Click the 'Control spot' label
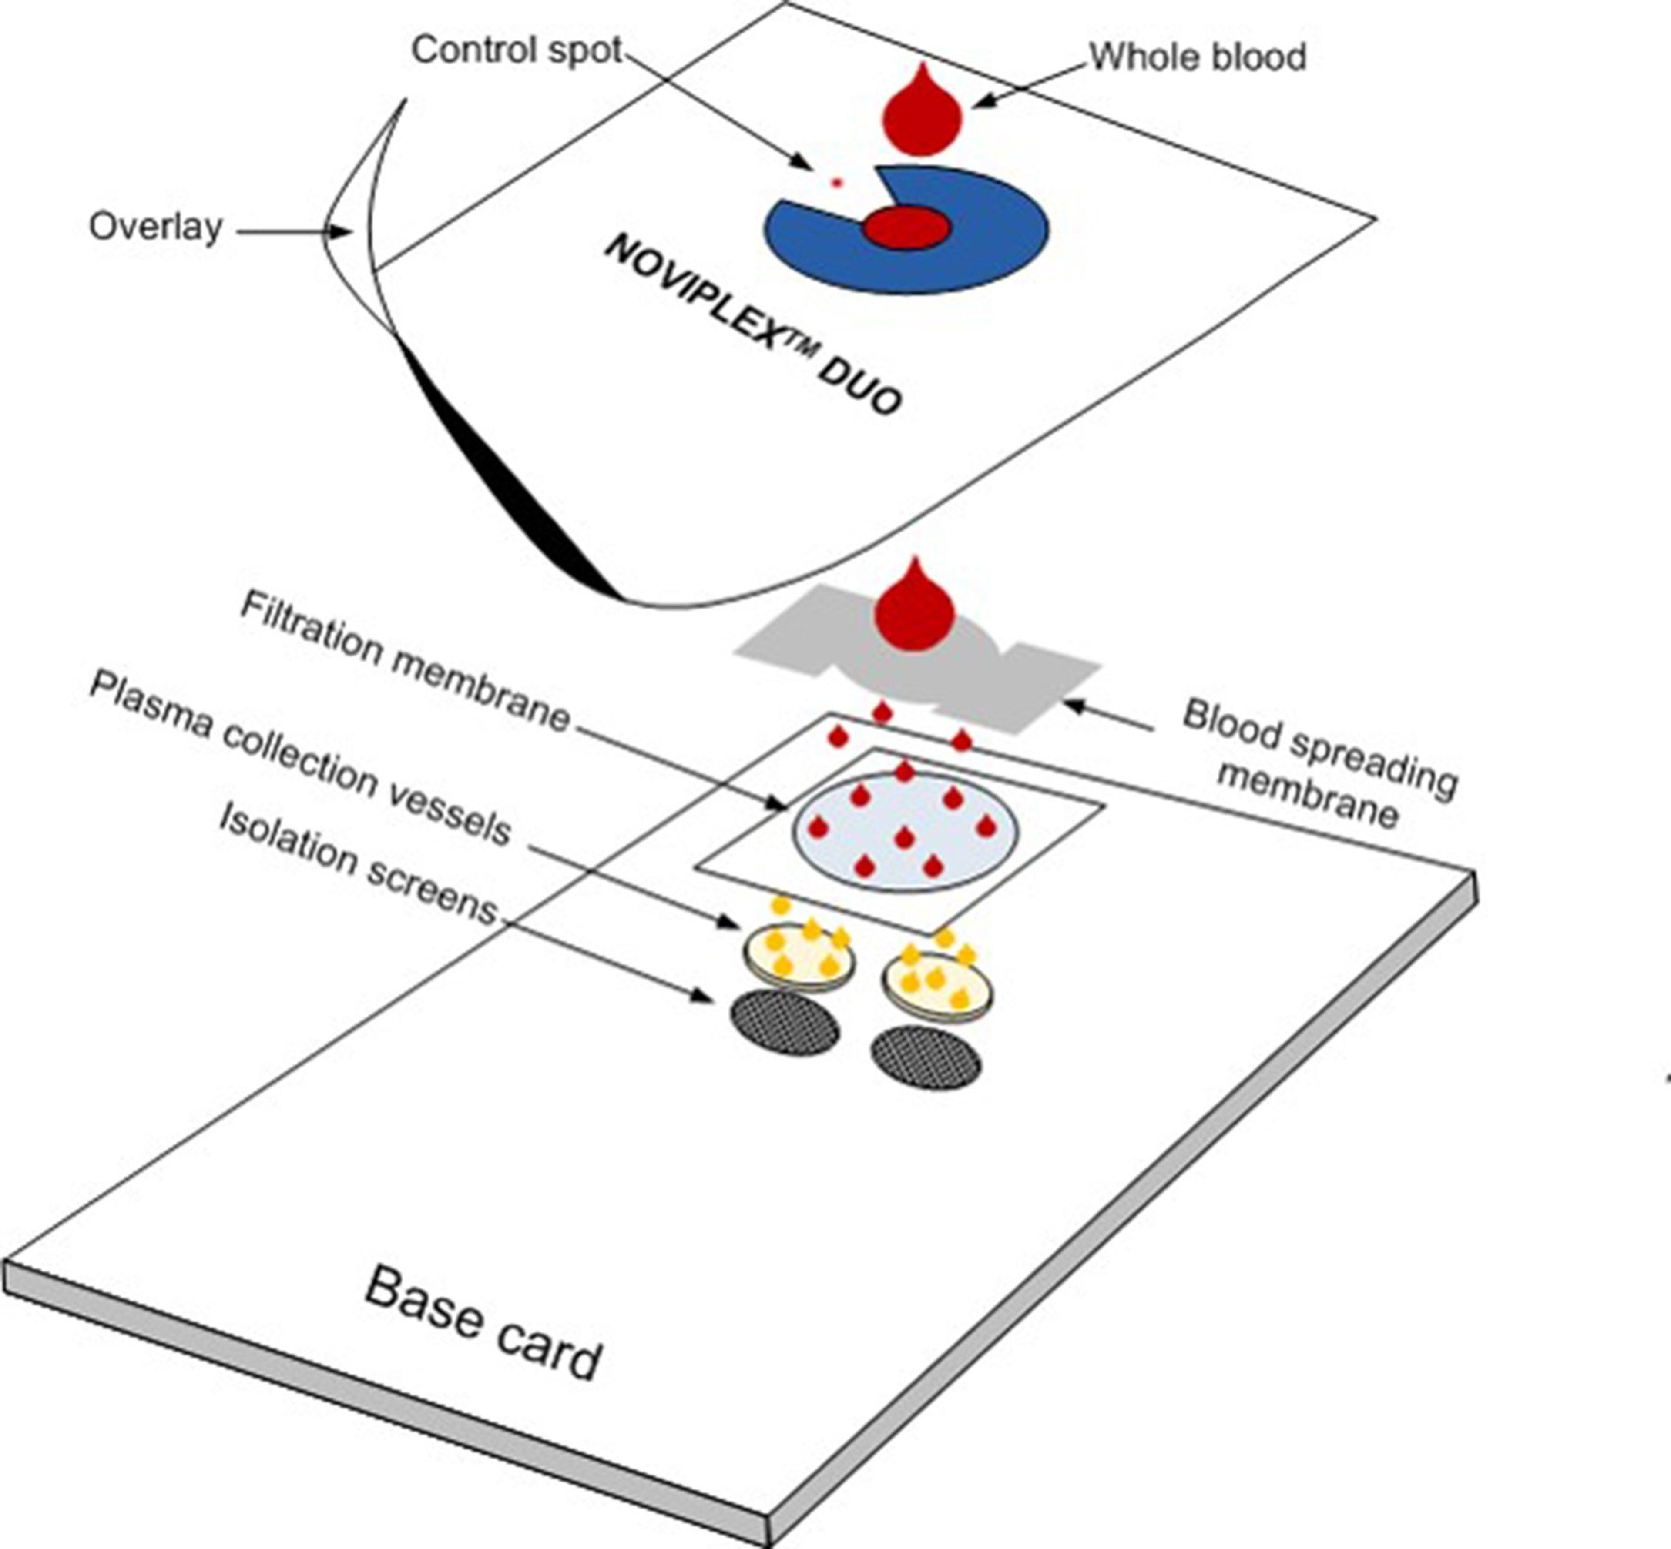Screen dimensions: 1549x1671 (x=516, y=50)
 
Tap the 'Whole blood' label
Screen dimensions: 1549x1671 (x=1197, y=57)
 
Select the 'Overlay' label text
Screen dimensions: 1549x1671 (x=156, y=227)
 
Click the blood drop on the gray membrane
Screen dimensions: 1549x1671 (x=914, y=608)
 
